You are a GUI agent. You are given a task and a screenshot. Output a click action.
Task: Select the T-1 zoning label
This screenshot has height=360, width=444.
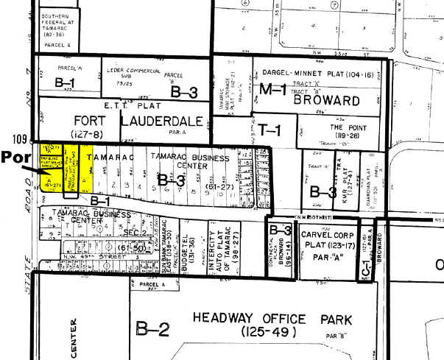273,131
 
